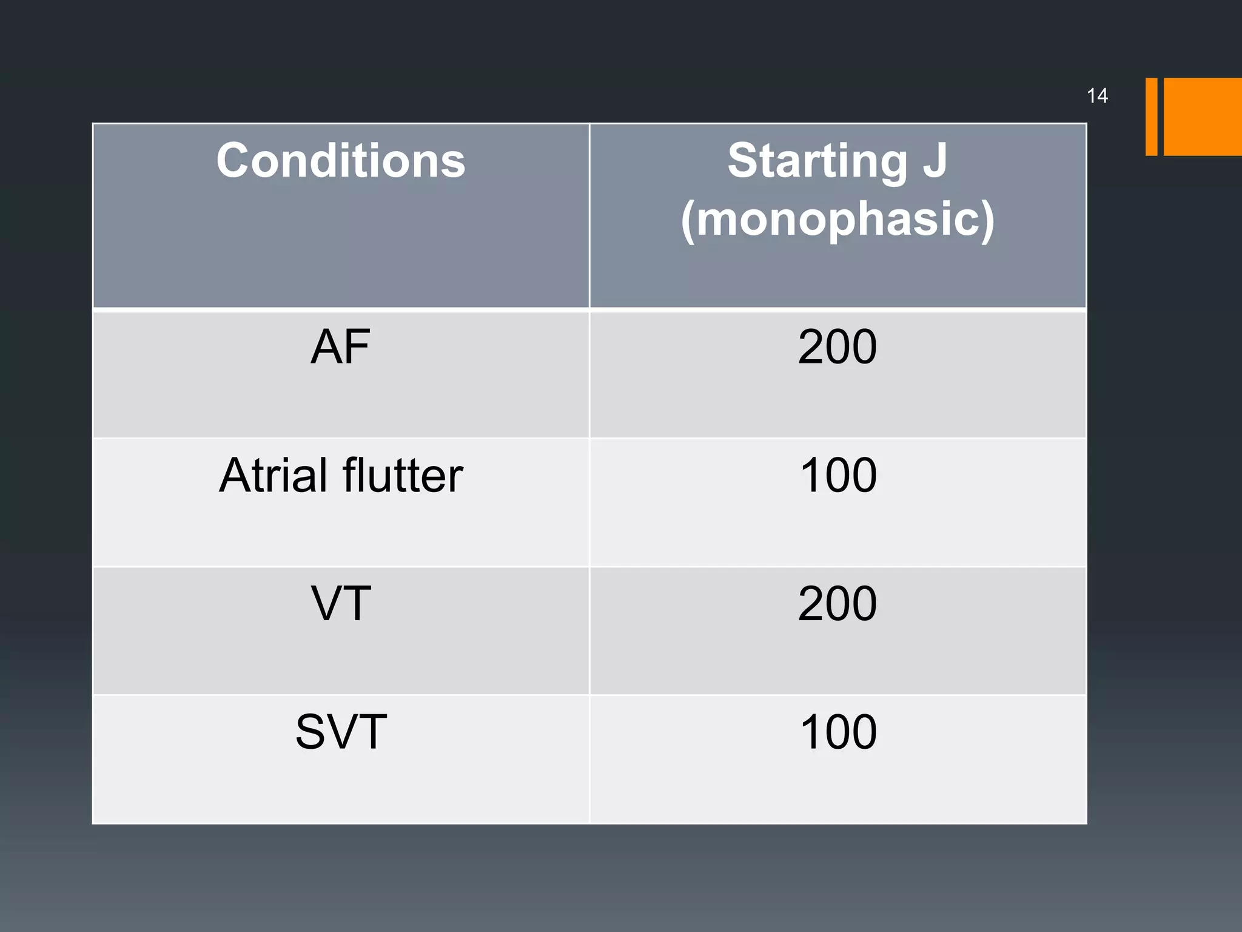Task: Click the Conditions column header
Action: tap(341, 161)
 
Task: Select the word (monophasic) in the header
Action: tap(838, 219)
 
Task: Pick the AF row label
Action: tap(340, 347)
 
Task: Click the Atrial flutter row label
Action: tap(341, 475)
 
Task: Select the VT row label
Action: tap(341, 604)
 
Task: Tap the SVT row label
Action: tap(341, 732)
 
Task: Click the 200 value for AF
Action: tap(838, 347)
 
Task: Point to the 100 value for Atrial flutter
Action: tap(838, 475)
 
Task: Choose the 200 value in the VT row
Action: tap(838, 604)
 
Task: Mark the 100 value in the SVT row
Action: tap(838, 732)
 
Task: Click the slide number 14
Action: tap(1097, 96)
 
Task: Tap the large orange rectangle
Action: tap(1203, 116)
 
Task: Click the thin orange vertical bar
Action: tap(1151, 116)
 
